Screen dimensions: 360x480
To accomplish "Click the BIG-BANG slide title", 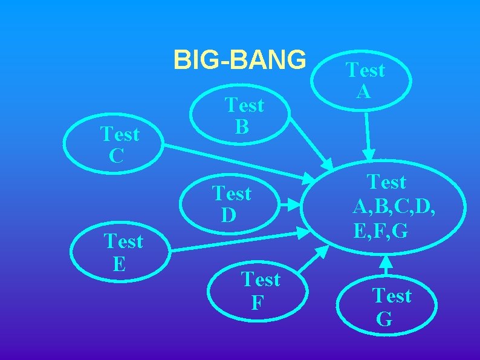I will [239, 60].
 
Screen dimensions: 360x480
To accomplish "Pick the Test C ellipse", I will [119, 144].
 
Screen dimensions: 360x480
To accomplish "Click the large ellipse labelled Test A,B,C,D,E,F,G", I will [387, 205].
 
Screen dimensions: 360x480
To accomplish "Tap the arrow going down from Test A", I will [368, 133].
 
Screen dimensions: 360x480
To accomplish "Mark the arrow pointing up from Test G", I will [388, 266].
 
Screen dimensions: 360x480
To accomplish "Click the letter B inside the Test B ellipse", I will [242, 126].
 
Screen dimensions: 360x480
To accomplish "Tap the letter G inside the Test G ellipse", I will [384, 318].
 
